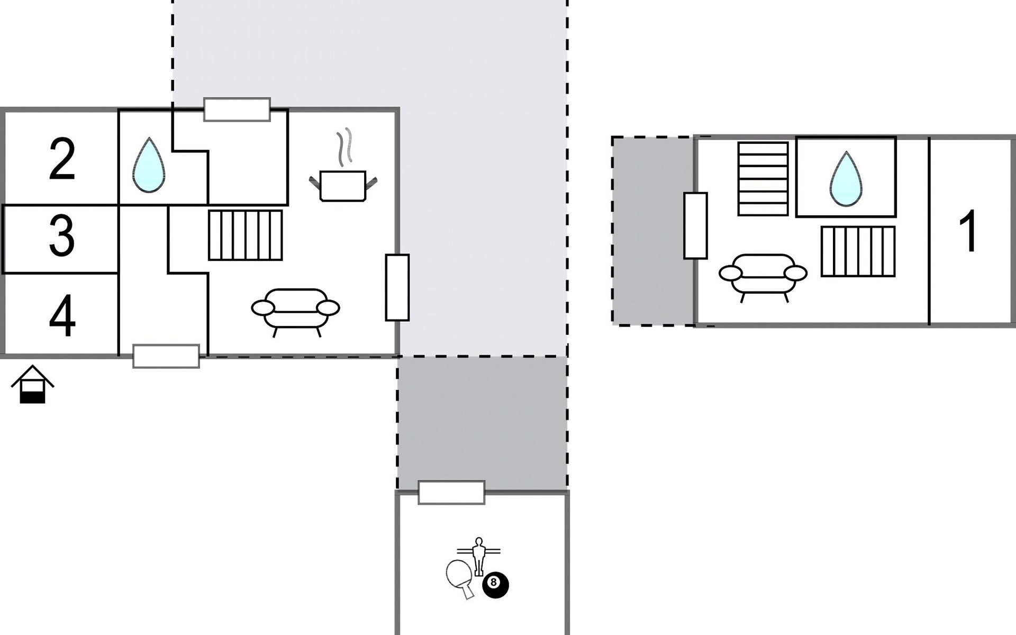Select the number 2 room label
[x=62, y=158]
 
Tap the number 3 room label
[x=62, y=236]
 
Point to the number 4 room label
[x=62, y=315]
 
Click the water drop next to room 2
[x=149, y=165]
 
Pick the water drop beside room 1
[x=846, y=179]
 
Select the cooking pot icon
[x=343, y=186]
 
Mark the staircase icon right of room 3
[x=245, y=235]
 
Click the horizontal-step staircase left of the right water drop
[x=763, y=179]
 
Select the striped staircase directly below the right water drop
[x=858, y=251]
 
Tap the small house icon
[x=32, y=384]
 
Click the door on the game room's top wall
[x=451, y=493]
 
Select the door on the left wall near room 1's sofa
[x=695, y=226]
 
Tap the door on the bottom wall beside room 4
[x=166, y=356]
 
